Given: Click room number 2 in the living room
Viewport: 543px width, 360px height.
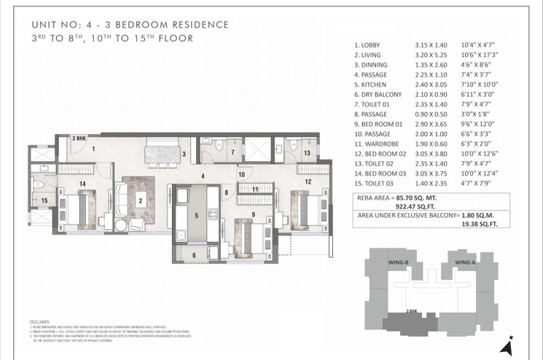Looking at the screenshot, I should click(x=140, y=202).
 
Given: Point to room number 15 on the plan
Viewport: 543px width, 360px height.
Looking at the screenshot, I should click(x=44, y=201).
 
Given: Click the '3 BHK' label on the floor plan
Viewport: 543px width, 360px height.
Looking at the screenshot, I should click(x=79, y=138).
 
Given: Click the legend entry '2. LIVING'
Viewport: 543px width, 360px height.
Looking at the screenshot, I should click(x=370, y=55).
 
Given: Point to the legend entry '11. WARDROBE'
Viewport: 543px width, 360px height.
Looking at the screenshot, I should click(x=379, y=144).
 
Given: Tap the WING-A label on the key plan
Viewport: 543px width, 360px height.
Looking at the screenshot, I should click(x=465, y=262).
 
